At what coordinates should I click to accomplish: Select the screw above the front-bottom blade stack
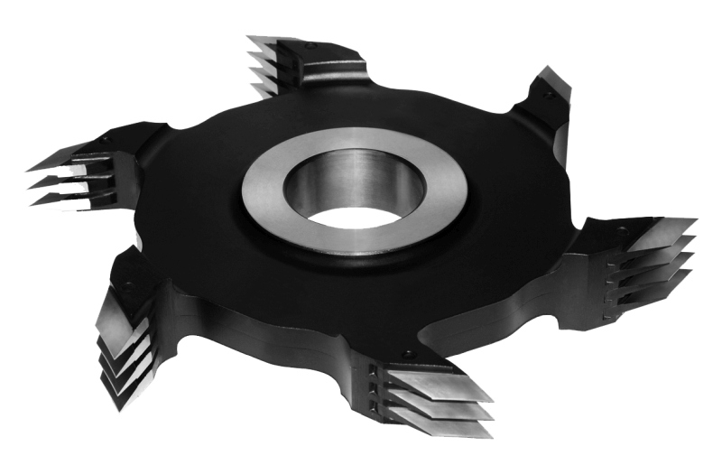409,353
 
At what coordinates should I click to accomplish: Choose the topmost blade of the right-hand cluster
663,230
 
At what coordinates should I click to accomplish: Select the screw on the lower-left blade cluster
127,286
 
